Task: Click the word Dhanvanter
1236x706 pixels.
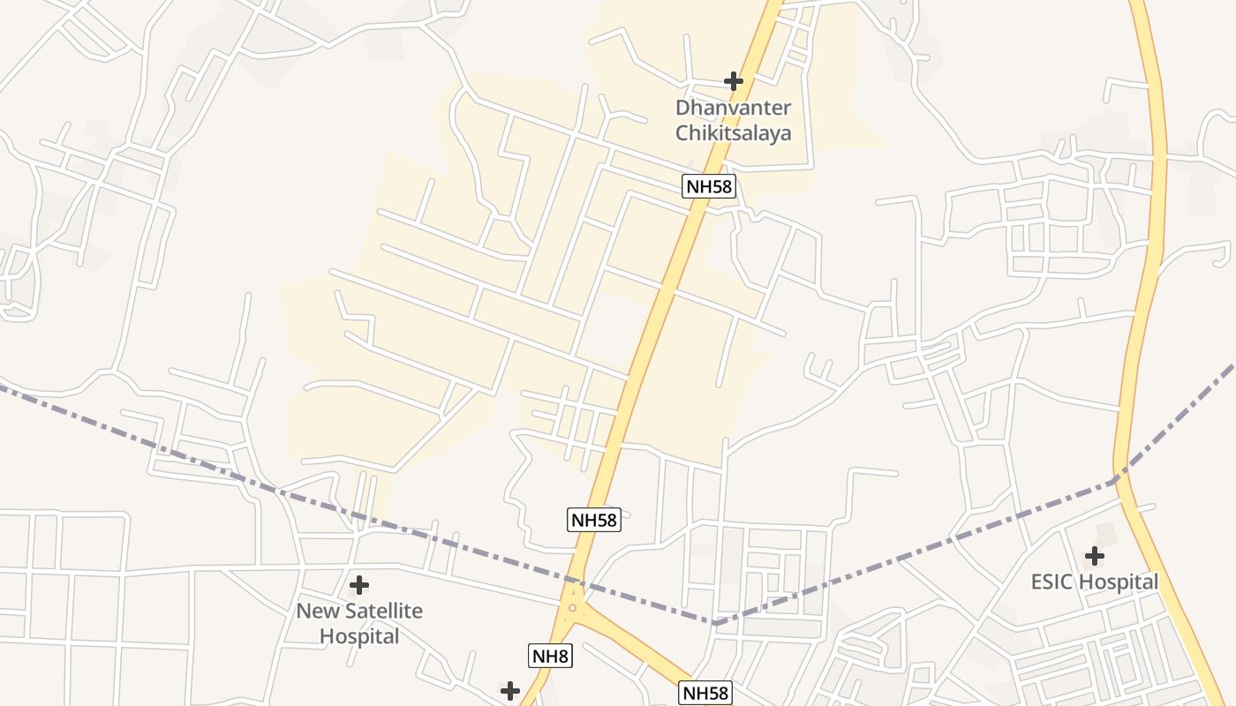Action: click(x=733, y=108)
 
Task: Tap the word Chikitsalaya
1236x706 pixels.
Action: click(x=733, y=133)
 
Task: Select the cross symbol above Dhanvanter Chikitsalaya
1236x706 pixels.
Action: click(x=733, y=81)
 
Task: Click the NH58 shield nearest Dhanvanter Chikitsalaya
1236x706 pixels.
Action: click(x=708, y=185)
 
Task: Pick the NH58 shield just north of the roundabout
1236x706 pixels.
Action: click(x=593, y=520)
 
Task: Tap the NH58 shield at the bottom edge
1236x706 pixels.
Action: click(x=705, y=693)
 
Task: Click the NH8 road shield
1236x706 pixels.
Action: click(x=551, y=656)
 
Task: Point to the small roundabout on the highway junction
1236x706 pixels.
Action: click(x=572, y=607)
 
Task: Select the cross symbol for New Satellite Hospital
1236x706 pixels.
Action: click(x=359, y=585)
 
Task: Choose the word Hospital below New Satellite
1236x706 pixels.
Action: click(x=359, y=635)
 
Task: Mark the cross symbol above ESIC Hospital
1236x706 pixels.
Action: click(x=1095, y=556)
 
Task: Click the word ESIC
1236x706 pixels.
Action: click(x=1052, y=582)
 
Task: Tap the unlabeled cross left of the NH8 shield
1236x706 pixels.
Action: click(x=510, y=690)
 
